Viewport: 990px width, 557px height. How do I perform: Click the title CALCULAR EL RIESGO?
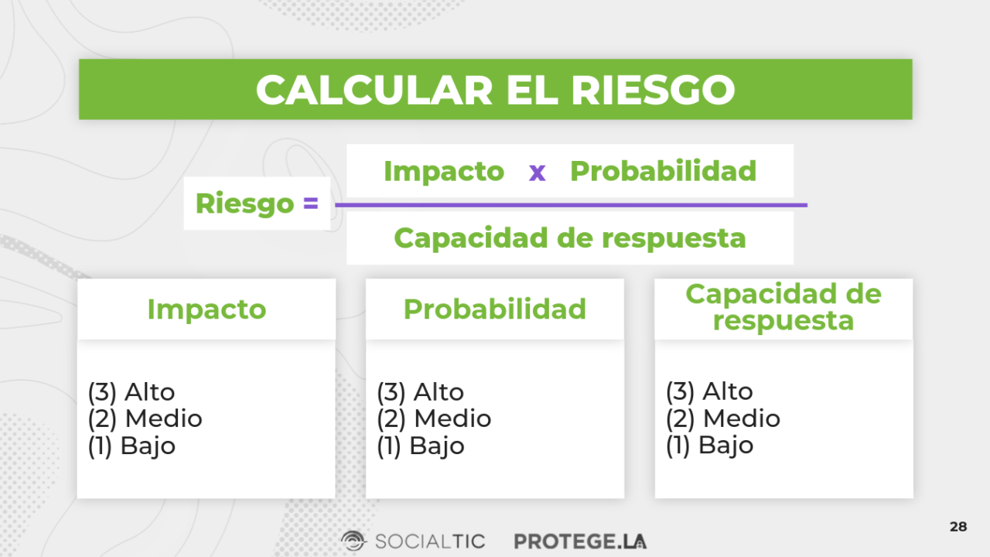495,90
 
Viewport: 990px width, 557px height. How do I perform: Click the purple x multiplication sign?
537,172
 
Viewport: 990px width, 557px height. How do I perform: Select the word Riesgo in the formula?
244,203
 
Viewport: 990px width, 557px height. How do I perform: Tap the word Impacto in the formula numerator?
443,171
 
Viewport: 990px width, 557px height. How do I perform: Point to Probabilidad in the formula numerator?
663,171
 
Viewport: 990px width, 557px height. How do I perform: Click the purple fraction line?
571,205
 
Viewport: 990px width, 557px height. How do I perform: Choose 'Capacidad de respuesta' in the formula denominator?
569,238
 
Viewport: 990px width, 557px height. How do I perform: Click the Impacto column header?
207,309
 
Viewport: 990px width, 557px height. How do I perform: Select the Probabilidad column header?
495,309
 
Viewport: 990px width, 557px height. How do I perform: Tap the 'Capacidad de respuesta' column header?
783,307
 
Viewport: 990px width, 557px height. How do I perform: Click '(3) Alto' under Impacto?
131,392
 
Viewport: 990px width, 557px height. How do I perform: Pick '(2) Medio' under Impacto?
145,419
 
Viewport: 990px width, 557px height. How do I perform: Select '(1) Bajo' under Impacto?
131,446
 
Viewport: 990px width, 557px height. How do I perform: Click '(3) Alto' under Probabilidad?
420,392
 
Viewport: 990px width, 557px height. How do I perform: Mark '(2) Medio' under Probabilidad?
434,419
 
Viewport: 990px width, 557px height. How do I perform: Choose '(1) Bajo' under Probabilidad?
420,446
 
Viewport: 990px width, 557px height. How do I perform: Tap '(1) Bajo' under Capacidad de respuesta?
709,446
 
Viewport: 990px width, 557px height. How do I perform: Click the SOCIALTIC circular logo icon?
353,541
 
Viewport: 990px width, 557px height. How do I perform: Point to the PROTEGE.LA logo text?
580,541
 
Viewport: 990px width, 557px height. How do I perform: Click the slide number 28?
958,527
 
